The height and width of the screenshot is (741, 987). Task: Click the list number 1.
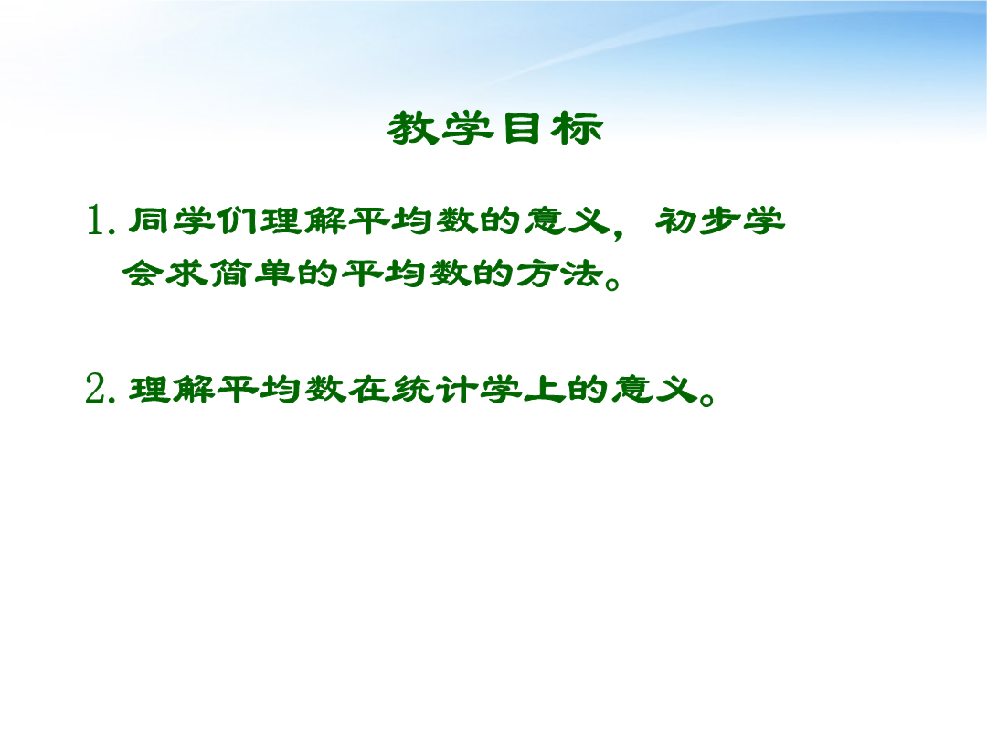pos(97,220)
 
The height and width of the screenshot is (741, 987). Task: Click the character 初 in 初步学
pos(676,220)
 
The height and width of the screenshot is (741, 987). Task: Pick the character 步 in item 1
pos(720,220)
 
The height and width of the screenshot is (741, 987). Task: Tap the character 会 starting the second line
pos(143,274)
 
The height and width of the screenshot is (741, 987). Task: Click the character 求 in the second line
pos(186,274)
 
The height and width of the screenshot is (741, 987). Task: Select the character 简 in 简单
pos(230,274)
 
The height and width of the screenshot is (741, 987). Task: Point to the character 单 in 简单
pos(274,274)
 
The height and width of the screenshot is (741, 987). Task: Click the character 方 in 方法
pos(537,274)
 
